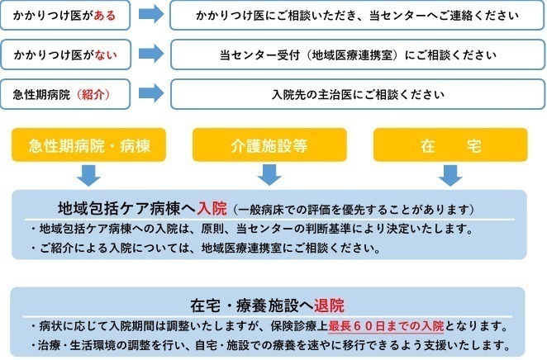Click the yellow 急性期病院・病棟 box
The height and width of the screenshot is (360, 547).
click(x=89, y=146)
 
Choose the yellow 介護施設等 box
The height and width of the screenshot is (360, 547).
click(x=269, y=146)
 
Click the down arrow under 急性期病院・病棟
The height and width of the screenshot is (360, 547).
click(x=89, y=175)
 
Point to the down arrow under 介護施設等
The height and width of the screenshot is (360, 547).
click(x=269, y=175)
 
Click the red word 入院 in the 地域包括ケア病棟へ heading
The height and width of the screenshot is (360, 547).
click(x=212, y=207)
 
